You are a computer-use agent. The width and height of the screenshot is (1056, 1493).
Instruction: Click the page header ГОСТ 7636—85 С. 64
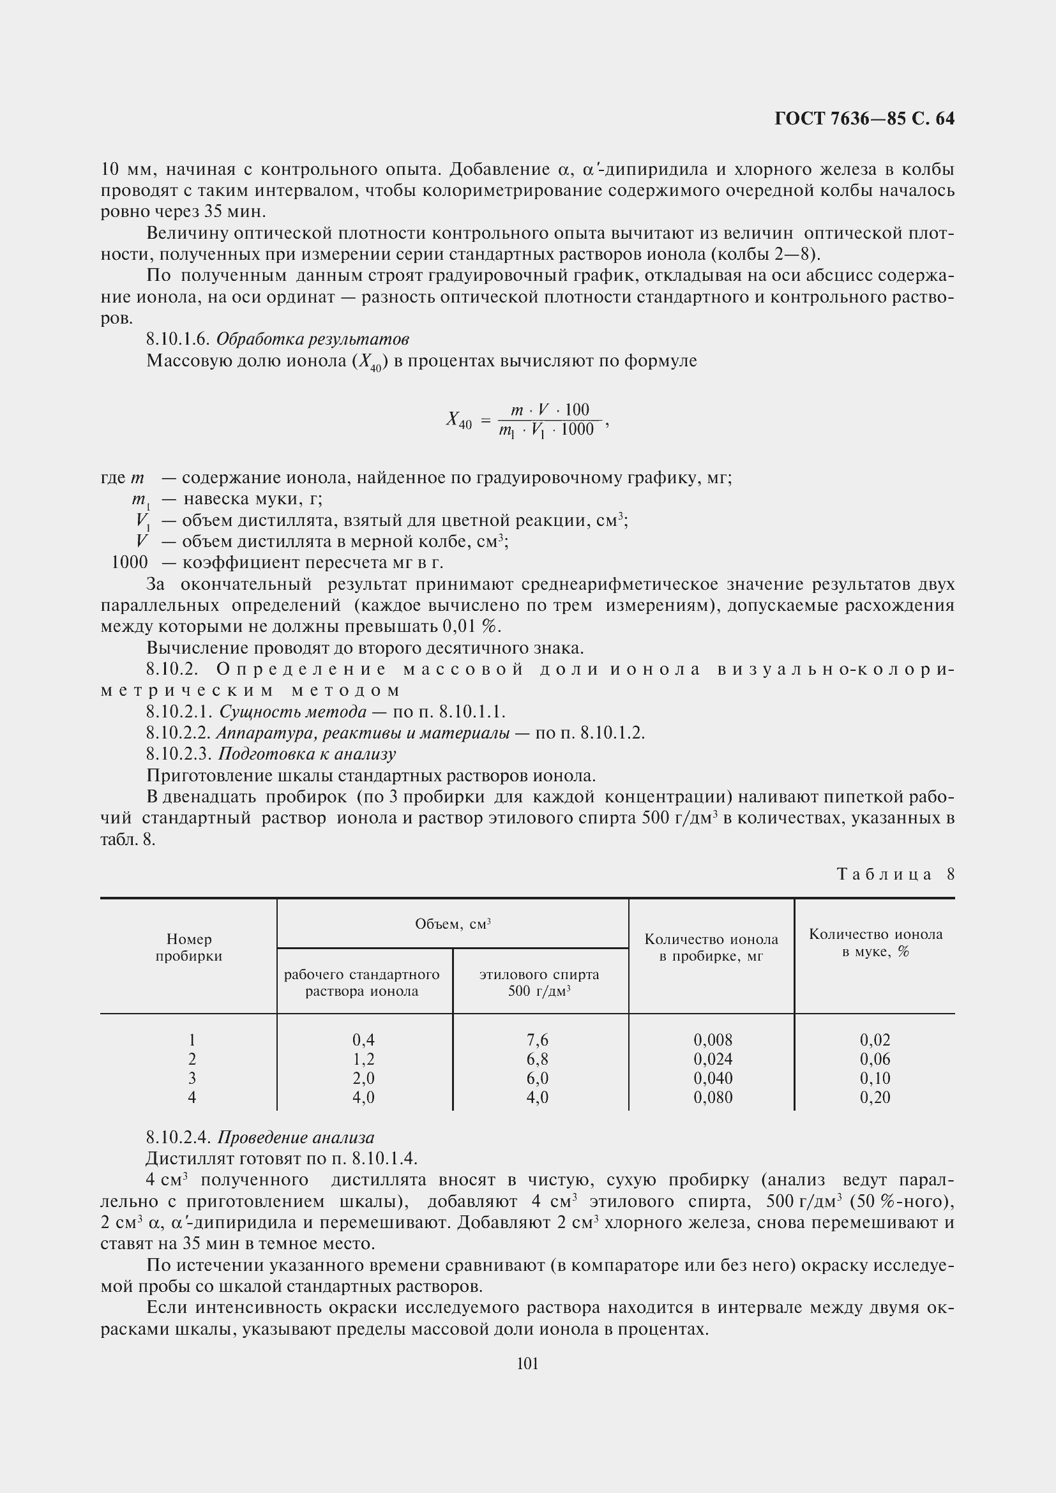pos(864,118)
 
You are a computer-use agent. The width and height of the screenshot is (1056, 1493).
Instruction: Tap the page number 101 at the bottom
pos(527,1363)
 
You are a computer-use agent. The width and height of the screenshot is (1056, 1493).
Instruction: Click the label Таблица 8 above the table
pos(894,874)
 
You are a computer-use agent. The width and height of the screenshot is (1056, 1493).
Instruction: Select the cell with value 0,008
pos(713,1040)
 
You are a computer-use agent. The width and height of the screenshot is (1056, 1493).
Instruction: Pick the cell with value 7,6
pos(537,1040)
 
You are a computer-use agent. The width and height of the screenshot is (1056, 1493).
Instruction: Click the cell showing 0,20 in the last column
pos(875,1098)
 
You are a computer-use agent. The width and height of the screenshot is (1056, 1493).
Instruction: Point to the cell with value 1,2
pos(363,1060)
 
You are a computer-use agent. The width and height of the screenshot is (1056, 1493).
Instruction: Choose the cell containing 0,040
pos(713,1078)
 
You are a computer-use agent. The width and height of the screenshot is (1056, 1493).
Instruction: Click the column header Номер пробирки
pos(188,947)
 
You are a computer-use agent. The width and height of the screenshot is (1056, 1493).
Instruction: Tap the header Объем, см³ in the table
pos(453,924)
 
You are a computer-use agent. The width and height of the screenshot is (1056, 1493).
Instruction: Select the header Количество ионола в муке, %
pos(875,943)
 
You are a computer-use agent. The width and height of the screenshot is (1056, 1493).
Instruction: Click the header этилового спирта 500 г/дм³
pos(539,982)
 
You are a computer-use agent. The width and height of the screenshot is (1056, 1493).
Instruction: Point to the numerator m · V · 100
pos(550,410)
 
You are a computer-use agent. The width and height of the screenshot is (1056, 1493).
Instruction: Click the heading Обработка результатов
pos(312,339)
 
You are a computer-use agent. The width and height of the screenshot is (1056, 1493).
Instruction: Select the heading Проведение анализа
pos(295,1137)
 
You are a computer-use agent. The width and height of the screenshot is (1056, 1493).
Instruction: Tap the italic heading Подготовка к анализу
pos(306,754)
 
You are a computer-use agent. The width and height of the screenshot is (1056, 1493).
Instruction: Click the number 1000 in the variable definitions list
pos(130,562)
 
